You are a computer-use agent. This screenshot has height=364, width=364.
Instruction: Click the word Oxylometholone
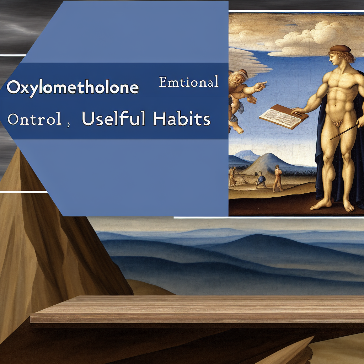pyautogui.click(x=73, y=87)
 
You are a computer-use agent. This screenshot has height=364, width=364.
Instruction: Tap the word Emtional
pyautogui.click(x=188, y=82)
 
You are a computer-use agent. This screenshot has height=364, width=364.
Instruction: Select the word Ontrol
pyautogui.click(x=34, y=120)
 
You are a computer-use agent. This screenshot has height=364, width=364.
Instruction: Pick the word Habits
pyautogui.click(x=182, y=120)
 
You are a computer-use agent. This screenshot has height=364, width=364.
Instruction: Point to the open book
pyautogui.click(x=283, y=115)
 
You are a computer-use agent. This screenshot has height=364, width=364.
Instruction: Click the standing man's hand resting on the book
pyautogui.click(x=299, y=113)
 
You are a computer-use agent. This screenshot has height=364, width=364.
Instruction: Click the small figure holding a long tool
pyautogui.click(x=233, y=177)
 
